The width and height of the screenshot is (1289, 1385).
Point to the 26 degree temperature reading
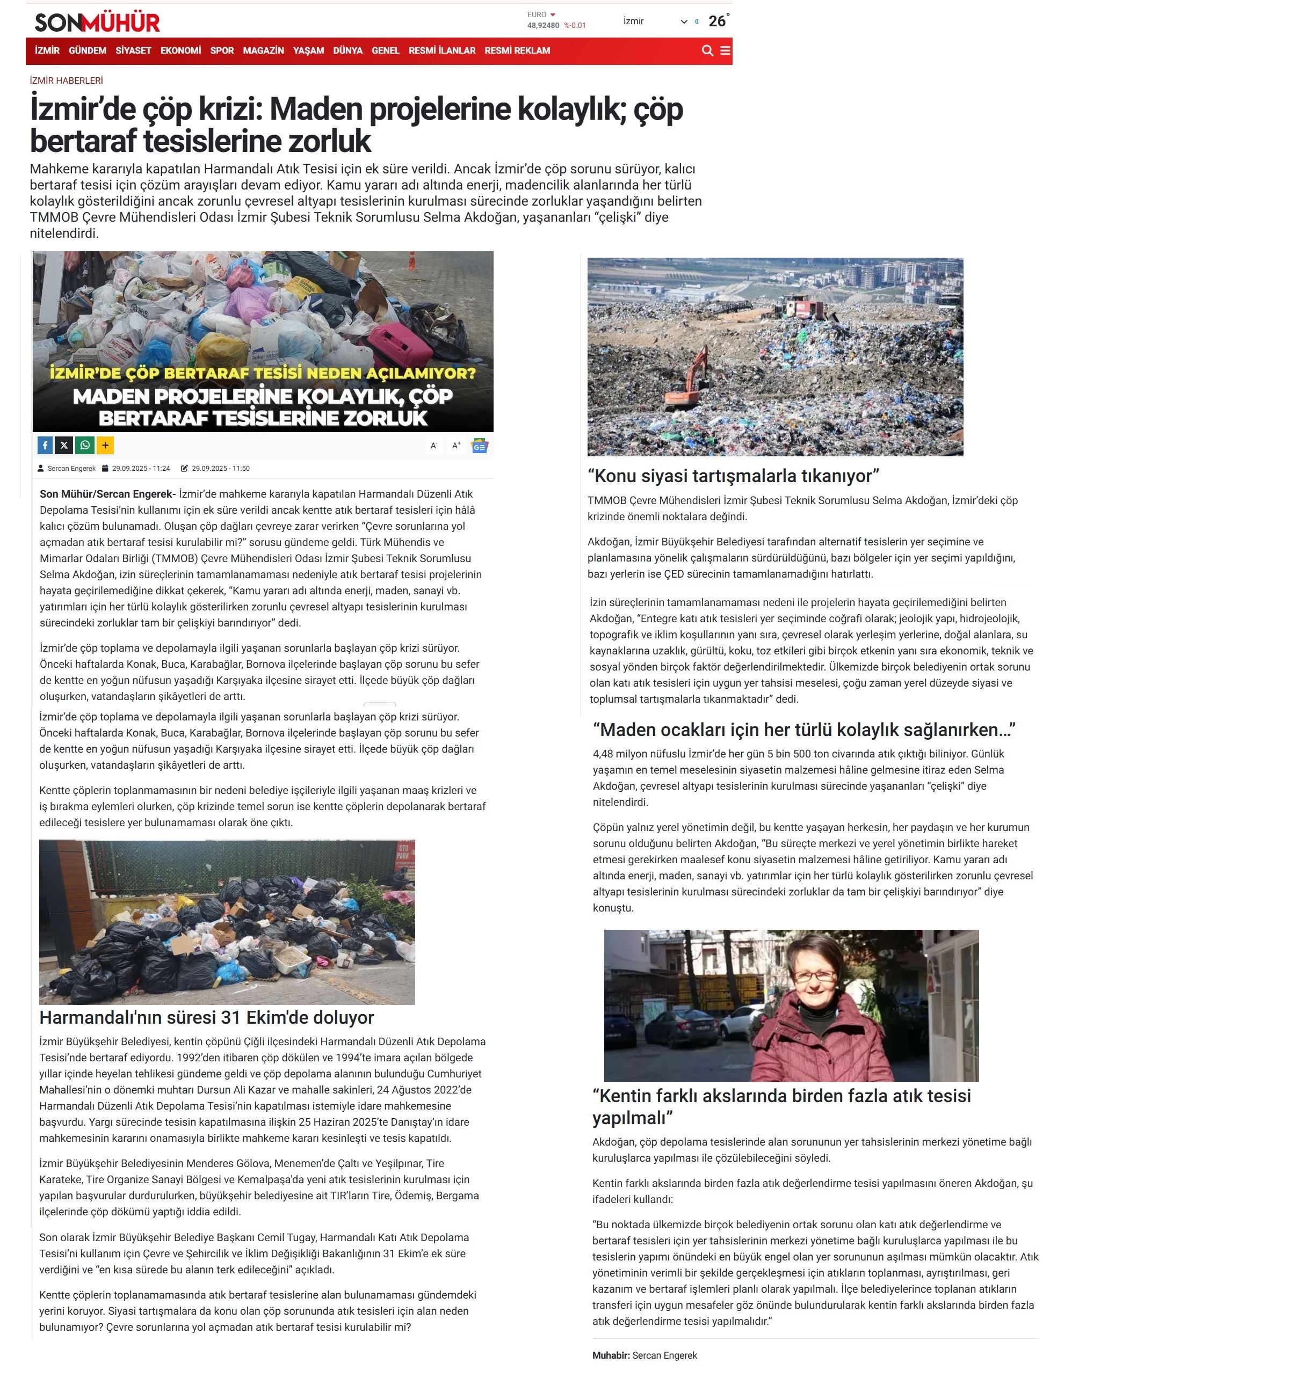[718, 21]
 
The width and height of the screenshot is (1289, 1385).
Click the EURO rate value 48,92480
[542, 26]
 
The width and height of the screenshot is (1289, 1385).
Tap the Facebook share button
[45, 445]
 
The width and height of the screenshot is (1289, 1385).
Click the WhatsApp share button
[85, 445]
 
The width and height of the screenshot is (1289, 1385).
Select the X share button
[64, 445]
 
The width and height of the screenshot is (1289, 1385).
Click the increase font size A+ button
[457, 445]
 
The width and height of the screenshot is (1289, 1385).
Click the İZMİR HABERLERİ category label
[66, 81]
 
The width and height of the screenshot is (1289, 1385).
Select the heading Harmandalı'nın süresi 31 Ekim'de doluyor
[206, 1018]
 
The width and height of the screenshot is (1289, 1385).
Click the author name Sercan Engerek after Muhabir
[664, 1355]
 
